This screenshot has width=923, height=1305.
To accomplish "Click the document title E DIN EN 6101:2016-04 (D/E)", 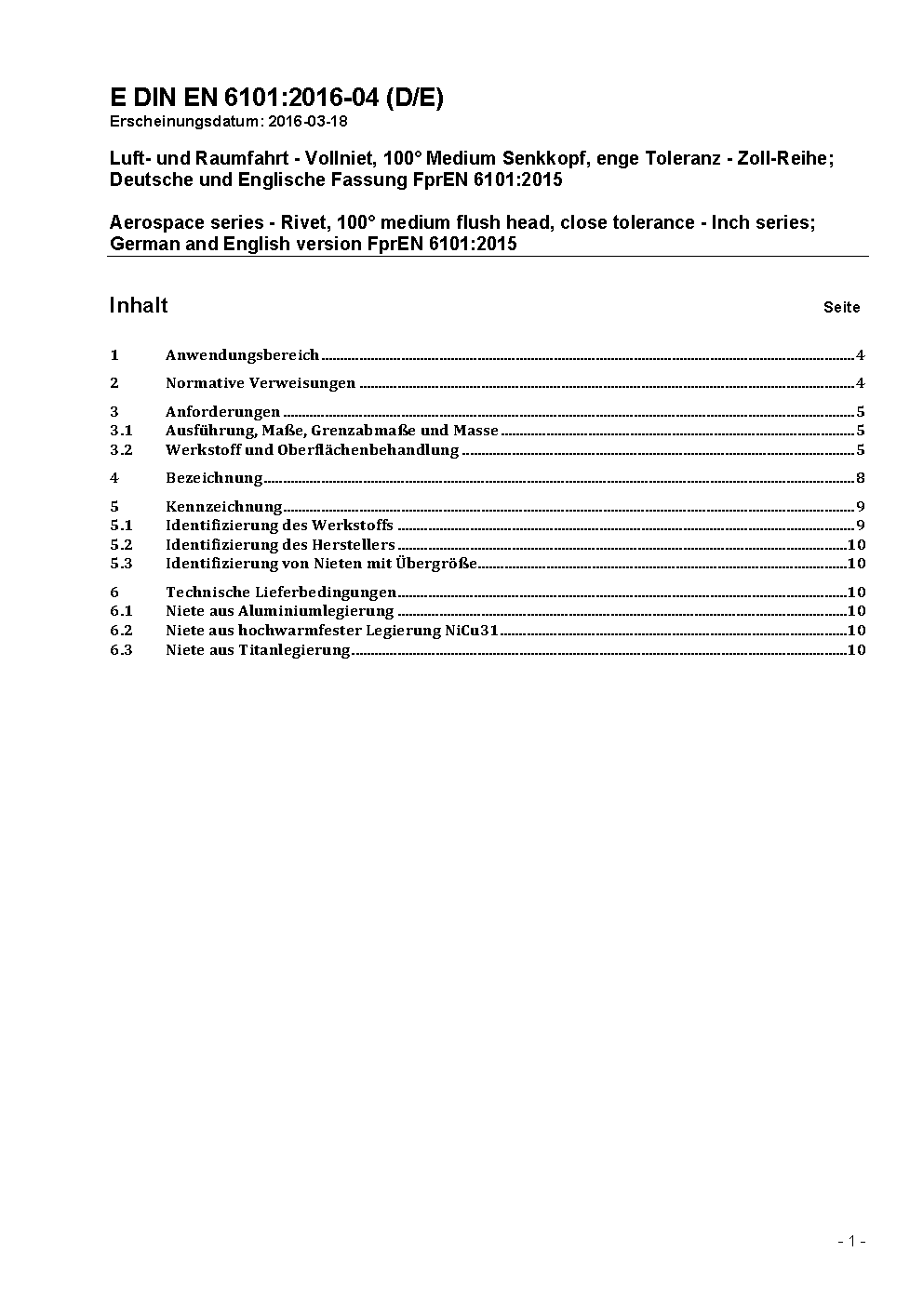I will (276, 99).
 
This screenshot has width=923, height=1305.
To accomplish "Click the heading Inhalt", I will (139, 306).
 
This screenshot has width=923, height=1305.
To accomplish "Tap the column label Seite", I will (841, 307).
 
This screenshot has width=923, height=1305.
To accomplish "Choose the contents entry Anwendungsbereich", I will (242, 355).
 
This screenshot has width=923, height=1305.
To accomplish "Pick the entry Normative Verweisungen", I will (261, 383).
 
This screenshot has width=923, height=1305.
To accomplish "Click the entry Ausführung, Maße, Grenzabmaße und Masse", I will (332, 431).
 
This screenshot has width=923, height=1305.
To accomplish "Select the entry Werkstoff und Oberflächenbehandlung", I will (312, 450).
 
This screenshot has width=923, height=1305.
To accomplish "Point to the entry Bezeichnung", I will (214, 478).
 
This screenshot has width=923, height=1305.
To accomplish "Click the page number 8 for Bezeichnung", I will (861, 479).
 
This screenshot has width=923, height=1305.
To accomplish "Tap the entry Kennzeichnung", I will (223, 507).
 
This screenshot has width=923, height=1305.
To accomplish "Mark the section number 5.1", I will (121, 526).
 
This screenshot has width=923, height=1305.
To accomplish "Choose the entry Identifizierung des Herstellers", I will (280, 545).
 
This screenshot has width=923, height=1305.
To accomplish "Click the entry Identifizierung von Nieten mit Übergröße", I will (321, 564).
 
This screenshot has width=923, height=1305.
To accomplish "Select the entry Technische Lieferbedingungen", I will (281, 593).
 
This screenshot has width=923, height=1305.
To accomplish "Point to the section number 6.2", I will (121, 631).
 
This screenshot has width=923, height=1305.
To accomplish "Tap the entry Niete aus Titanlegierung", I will (258, 650).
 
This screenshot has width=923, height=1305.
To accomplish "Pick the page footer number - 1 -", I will (851, 1241).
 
